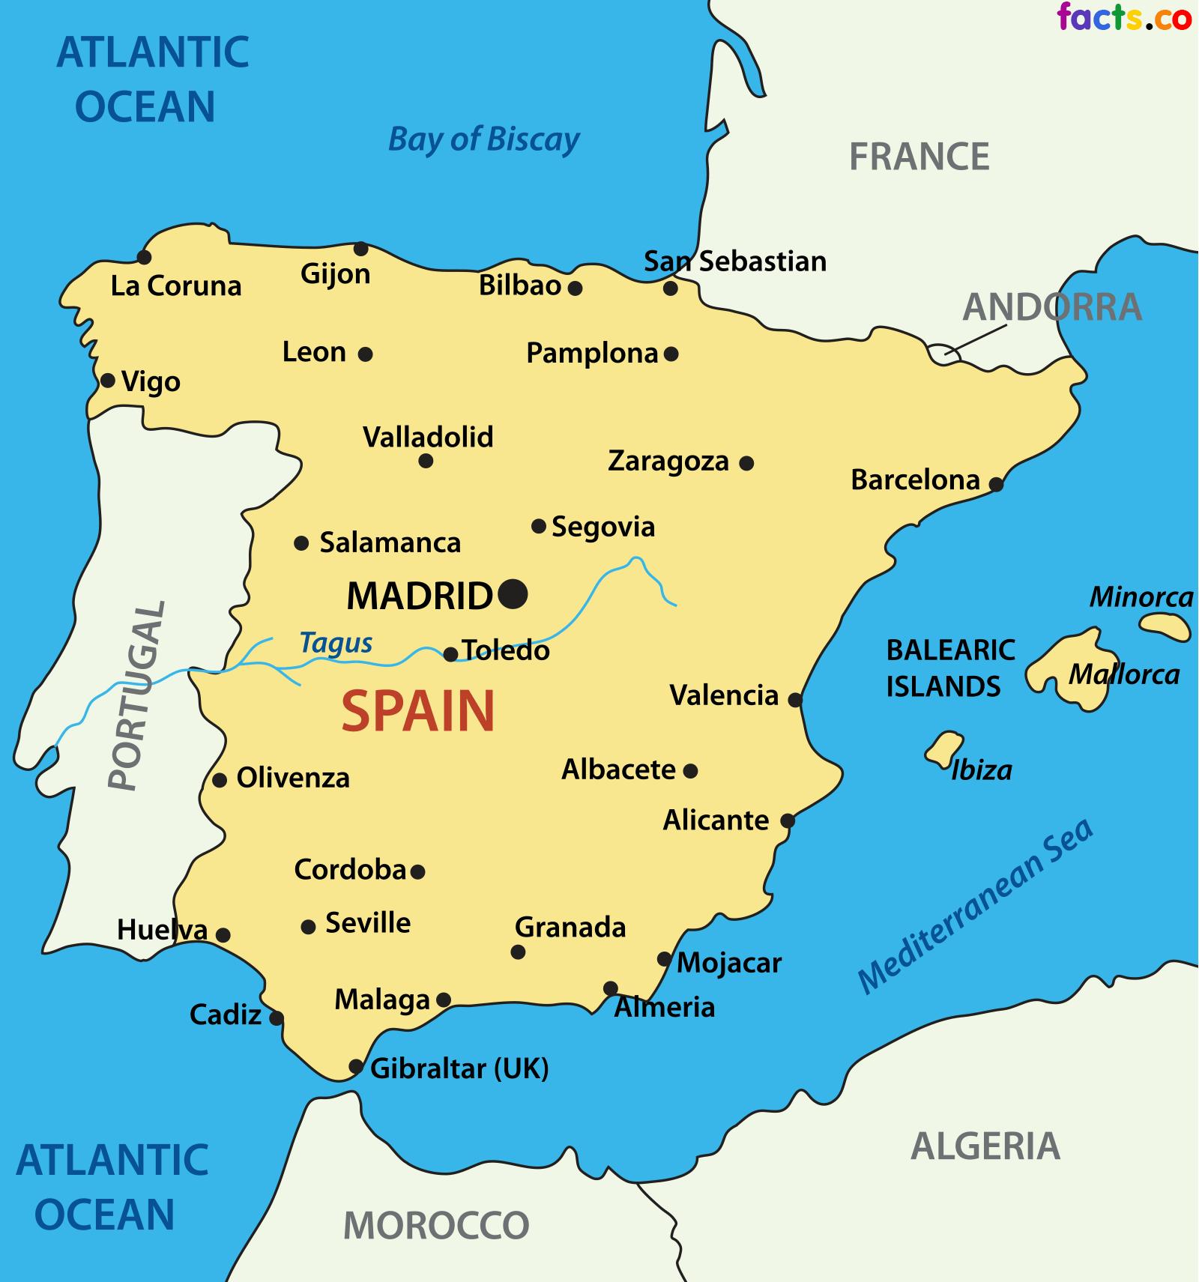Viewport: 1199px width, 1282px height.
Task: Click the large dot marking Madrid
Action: [x=513, y=594]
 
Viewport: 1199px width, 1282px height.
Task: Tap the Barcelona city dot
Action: [x=996, y=484]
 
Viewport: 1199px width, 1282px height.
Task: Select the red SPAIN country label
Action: [x=418, y=711]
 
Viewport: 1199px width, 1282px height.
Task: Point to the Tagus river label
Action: [x=336, y=643]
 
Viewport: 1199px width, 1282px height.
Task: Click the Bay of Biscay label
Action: [x=484, y=139]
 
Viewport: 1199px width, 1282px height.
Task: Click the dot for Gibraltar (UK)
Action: [x=356, y=1066]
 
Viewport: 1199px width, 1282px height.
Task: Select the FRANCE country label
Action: [x=919, y=157]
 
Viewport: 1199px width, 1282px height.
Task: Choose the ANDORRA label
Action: [x=1052, y=307]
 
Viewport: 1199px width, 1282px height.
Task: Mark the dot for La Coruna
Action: [x=144, y=257]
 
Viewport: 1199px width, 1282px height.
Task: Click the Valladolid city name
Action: [x=428, y=437]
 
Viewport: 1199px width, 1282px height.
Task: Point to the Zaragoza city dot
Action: [x=746, y=463]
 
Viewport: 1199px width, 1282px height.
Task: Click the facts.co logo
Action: [x=1124, y=17]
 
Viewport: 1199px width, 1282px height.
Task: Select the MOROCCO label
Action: [x=436, y=1226]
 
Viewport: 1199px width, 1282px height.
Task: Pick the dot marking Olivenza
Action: [x=220, y=780]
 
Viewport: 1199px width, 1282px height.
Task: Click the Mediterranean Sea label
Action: [x=975, y=907]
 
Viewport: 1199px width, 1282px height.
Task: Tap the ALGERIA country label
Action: [x=985, y=1146]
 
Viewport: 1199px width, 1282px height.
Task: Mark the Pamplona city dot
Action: [x=671, y=354]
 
